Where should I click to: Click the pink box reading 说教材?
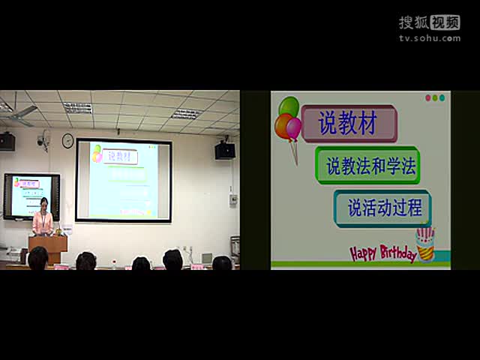point(348,123)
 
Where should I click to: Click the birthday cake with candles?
point(425,244)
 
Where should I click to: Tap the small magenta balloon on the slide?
point(294,129)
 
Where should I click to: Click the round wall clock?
point(67,140)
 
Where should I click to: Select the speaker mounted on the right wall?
point(225,150)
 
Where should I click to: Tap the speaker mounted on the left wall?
point(7,141)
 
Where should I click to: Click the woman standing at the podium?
point(43,219)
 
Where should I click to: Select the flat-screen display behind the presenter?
point(31,196)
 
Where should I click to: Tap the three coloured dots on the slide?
point(435,98)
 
